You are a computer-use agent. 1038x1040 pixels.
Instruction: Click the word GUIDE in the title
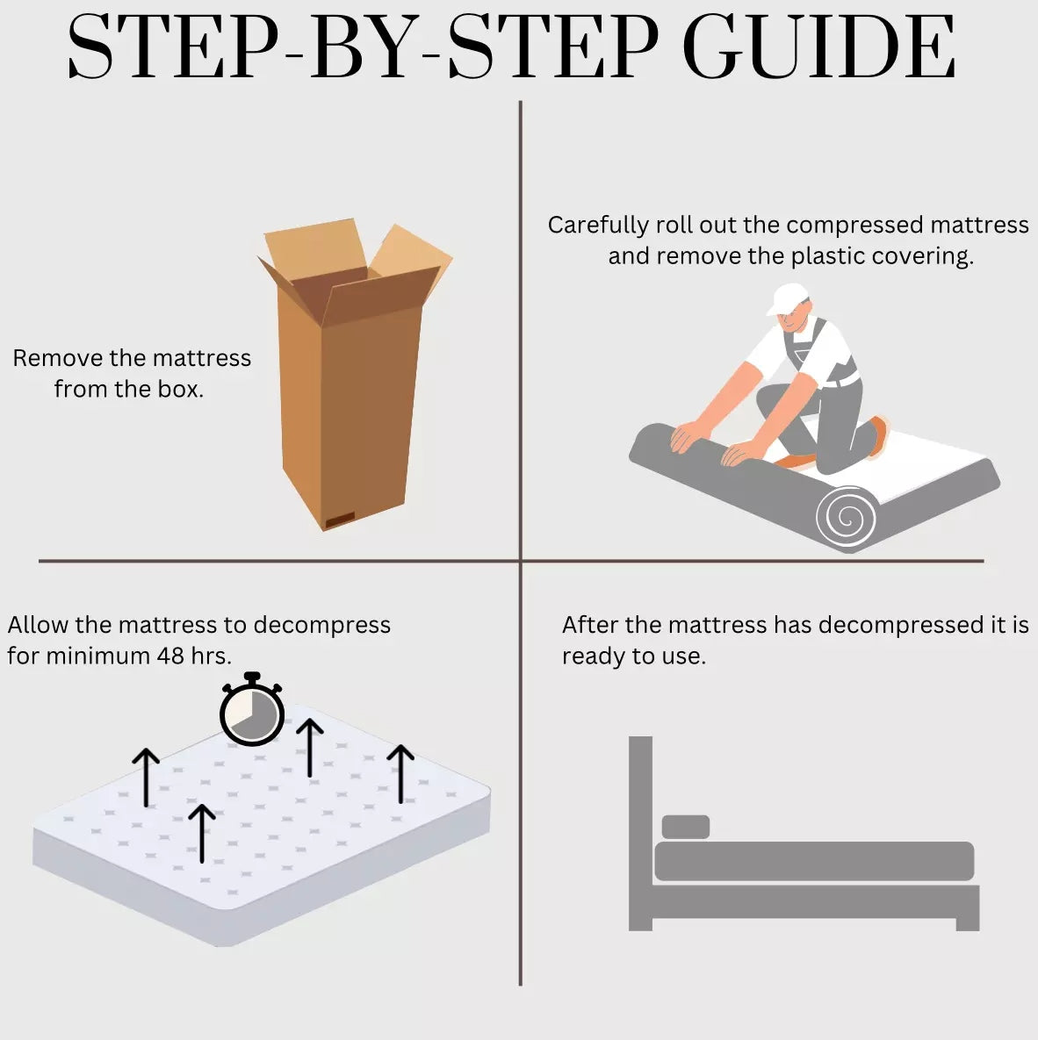[x=819, y=47]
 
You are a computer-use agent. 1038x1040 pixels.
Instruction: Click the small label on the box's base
[x=339, y=519]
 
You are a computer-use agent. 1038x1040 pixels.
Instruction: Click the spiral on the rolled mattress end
[x=847, y=517]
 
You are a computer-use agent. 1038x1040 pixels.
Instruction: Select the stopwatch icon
[x=252, y=708]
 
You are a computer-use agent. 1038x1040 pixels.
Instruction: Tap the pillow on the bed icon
[x=686, y=827]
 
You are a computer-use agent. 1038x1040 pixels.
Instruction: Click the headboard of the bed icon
[x=640, y=832]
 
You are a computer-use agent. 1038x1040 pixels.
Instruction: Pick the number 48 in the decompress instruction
[x=170, y=656]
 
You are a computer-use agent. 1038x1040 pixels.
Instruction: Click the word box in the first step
[x=181, y=389]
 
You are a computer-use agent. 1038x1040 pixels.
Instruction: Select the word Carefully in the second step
[x=598, y=226]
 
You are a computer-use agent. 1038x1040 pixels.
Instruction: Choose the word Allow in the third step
[x=38, y=625]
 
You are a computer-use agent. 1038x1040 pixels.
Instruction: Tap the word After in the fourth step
[x=590, y=625]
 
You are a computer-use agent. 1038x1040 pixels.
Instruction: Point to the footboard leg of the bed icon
[x=968, y=924]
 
